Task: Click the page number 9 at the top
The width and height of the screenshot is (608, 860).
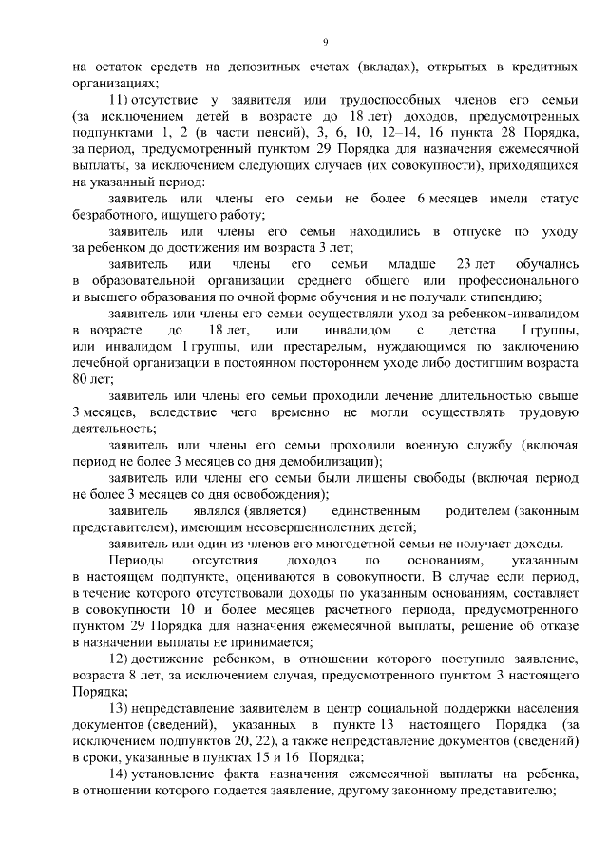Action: tap(325, 42)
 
